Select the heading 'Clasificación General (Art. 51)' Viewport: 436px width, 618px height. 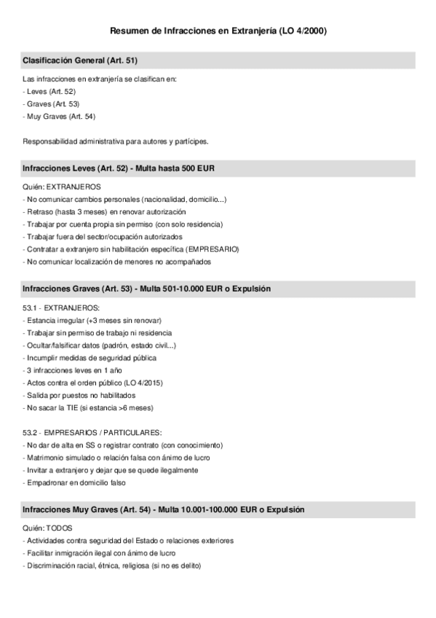(x=80, y=59)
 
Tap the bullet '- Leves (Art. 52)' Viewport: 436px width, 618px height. (x=49, y=91)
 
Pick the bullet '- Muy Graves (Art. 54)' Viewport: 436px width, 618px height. (x=60, y=117)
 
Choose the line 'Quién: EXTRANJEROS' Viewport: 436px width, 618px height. (x=62, y=187)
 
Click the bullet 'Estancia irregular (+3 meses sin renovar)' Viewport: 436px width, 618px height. (x=92, y=321)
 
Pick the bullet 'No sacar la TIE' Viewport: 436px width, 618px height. (x=88, y=407)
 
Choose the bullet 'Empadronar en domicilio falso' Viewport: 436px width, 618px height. (x=74, y=482)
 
